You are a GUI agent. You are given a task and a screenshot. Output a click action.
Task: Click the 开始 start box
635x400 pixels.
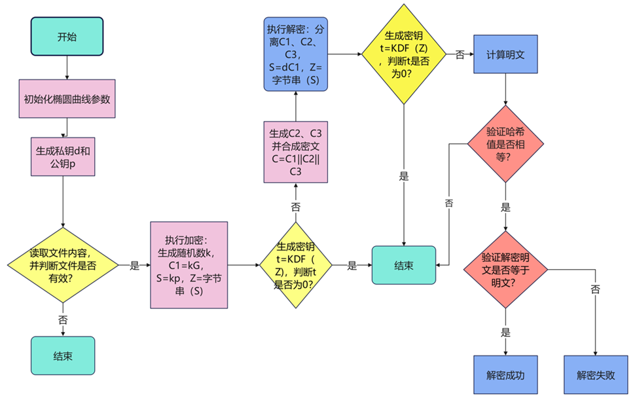66,37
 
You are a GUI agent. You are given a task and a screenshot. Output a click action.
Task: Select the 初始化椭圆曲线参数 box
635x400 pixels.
66,100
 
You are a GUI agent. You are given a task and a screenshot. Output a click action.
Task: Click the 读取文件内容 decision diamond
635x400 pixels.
63,265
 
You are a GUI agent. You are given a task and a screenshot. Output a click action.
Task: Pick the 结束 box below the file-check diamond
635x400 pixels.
63,356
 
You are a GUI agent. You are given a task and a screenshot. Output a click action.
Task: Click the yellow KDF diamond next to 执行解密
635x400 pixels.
405,54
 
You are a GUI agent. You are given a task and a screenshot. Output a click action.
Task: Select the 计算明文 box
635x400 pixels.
505,54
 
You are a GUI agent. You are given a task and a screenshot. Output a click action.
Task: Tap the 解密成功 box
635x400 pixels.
505,376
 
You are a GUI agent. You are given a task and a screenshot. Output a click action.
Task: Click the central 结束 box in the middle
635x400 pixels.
404,265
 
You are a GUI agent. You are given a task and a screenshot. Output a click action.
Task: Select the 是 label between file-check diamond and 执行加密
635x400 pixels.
135,265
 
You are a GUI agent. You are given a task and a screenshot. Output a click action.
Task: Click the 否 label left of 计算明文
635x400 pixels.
460,55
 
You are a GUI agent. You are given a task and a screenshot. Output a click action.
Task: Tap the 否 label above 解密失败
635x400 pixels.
595,289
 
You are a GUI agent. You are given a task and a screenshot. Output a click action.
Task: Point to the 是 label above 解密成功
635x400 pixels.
505,333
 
